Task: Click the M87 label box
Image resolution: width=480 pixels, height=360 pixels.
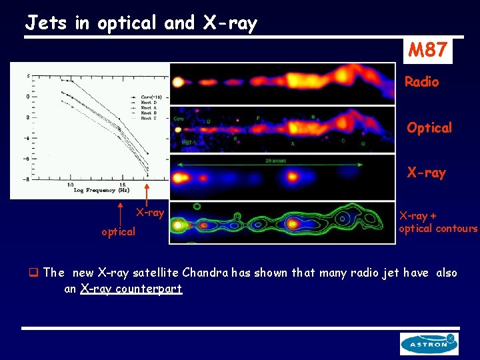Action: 427,49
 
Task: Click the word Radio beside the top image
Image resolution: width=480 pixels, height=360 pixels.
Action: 422,82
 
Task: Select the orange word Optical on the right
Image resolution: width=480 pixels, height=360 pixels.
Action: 429,127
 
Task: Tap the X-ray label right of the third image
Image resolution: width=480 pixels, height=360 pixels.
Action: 426,173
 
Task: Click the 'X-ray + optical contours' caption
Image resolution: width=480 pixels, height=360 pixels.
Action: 437,222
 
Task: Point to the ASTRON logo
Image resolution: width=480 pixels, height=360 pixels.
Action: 429,343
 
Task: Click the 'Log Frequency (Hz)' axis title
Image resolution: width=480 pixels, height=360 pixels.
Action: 101,190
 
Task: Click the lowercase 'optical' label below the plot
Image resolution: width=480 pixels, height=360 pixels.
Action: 118,232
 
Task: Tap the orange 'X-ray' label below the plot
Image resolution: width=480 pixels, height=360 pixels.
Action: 150,213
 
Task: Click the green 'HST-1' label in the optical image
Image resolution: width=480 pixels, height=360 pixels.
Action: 189,143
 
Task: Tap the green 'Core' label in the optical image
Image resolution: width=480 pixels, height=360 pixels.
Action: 179,119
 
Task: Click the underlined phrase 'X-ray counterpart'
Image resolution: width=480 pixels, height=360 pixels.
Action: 131,289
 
